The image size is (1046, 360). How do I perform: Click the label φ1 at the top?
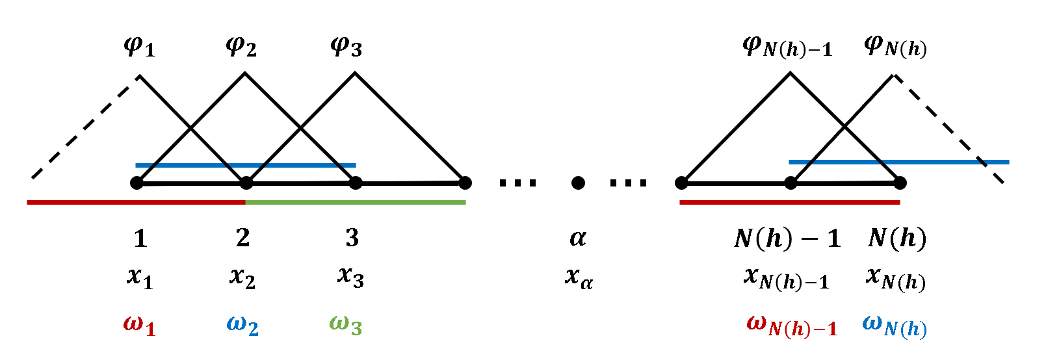click(x=139, y=47)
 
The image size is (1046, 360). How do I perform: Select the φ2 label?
click(x=241, y=47)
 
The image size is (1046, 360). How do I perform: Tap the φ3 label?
click(x=346, y=47)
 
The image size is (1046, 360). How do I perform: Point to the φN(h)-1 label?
click(x=787, y=47)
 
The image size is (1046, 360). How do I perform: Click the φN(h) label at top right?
click(x=895, y=47)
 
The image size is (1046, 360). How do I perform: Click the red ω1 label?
click(x=139, y=324)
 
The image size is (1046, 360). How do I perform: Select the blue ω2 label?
click(x=242, y=324)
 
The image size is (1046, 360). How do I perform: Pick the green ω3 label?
click(x=345, y=324)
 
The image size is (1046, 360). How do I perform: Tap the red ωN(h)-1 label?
click(x=792, y=326)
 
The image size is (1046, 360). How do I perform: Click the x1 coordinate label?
click(x=140, y=277)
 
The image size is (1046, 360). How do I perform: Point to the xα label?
click(x=579, y=278)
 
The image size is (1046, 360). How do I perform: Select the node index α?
click(x=578, y=238)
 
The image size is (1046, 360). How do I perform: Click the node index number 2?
click(x=242, y=238)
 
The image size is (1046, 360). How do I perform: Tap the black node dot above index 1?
click(x=137, y=183)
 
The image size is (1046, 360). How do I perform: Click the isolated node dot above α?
click(x=578, y=183)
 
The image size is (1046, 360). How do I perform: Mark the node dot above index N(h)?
click(x=900, y=183)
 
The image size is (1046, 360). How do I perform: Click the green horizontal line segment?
click(x=356, y=203)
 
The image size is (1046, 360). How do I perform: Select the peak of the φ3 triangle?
click(x=355, y=73)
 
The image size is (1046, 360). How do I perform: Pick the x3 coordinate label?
click(x=350, y=277)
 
